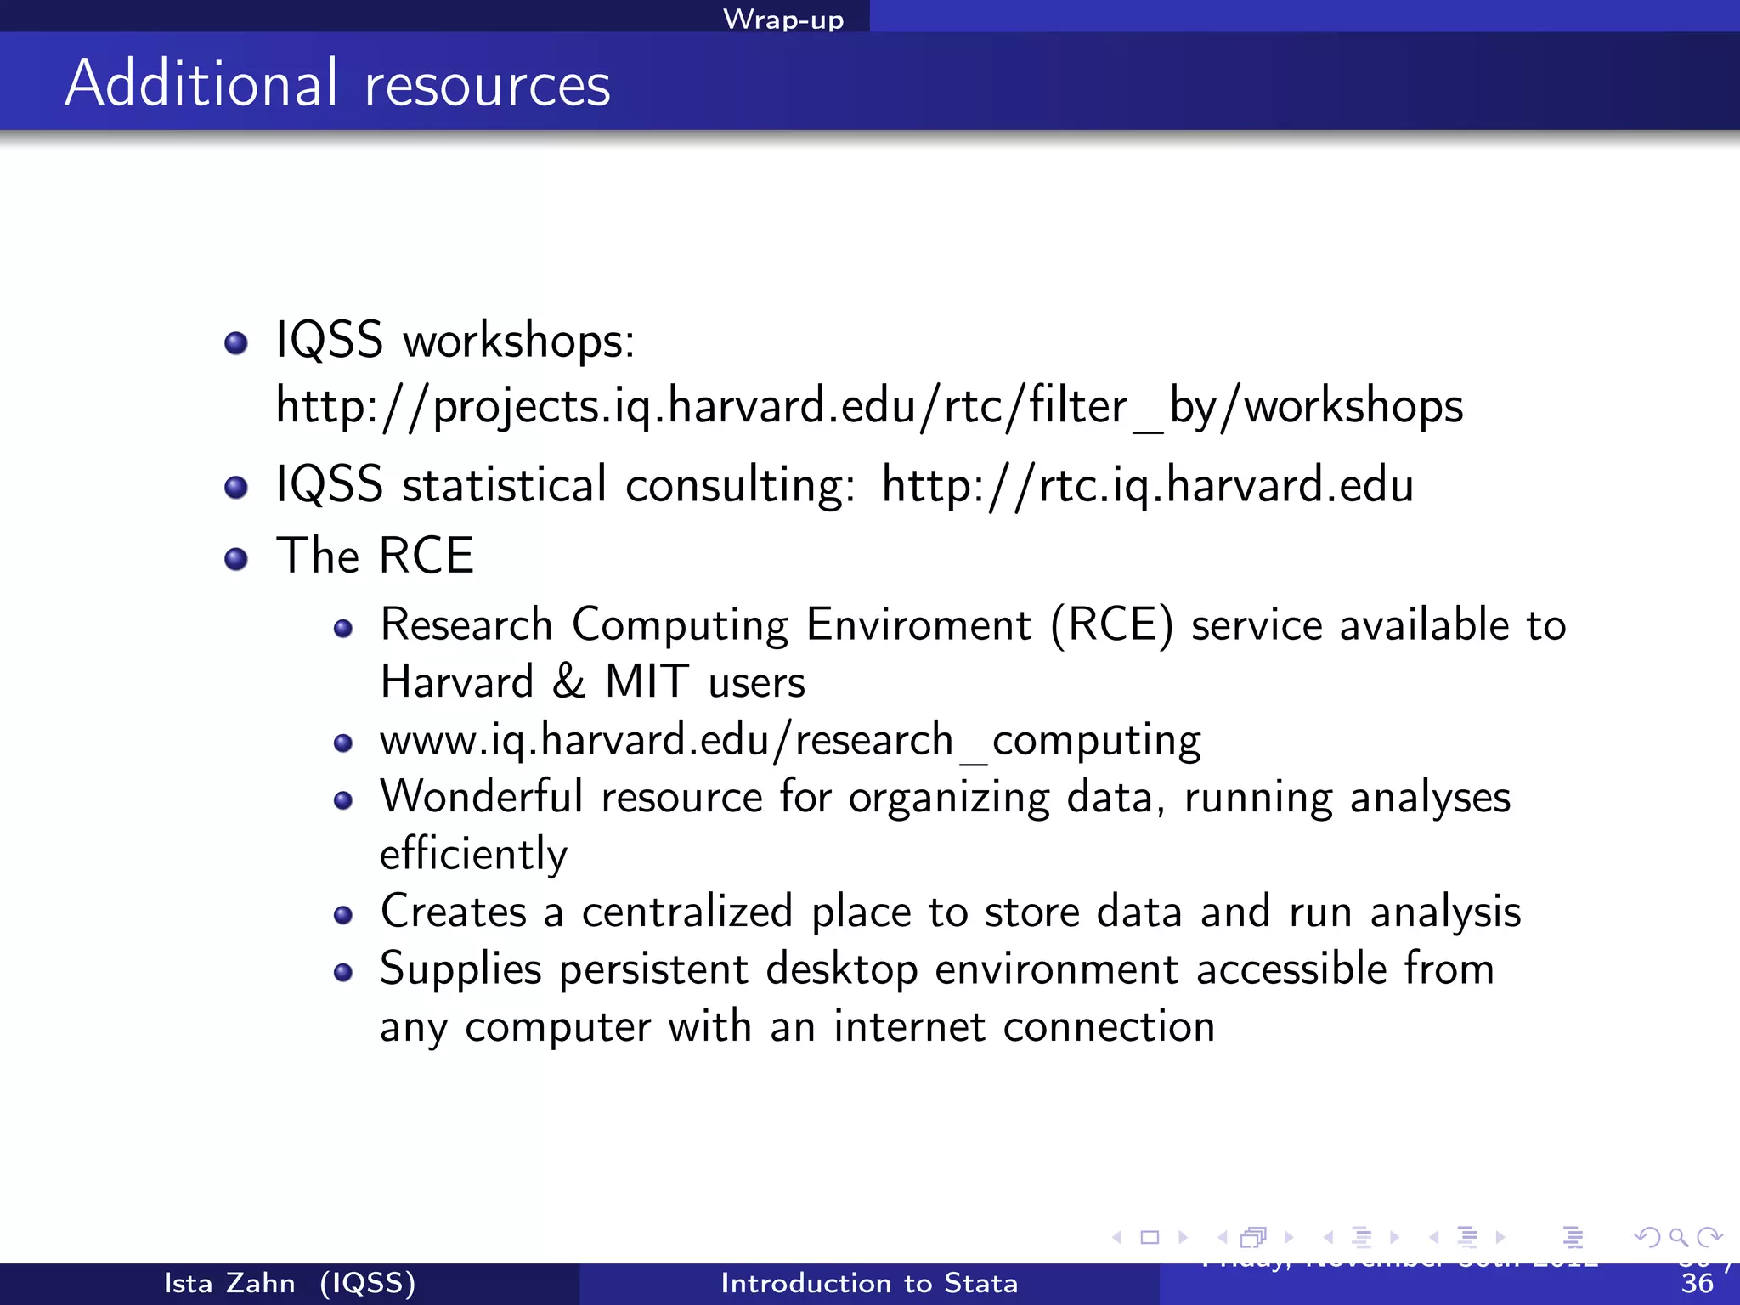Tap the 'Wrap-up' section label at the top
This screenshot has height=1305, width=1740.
pos(782,19)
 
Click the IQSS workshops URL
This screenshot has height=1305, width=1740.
pos(869,406)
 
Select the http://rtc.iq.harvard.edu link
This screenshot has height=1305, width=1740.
pos(1147,485)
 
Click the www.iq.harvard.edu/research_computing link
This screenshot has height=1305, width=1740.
pos(790,740)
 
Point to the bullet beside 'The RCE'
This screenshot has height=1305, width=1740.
pos(235,559)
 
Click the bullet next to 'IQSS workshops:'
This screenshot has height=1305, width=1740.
pos(235,343)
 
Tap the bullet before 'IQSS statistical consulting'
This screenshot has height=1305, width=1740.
pos(235,488)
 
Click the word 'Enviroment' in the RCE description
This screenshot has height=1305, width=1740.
pos(918,625)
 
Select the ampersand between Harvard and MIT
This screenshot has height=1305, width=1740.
pos(568,682)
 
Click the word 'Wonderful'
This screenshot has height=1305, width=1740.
pos(481,798)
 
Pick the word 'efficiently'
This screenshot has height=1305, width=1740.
pos(473,855)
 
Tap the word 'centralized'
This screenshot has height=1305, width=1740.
pos(686,912)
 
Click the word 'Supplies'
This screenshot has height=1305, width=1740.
pos(460,970)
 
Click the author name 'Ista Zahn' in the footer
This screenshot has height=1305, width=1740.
pos(229,1283)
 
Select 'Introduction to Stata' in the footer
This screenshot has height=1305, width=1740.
pos(869,1283)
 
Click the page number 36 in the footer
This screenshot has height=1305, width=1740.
pos(1697,1284)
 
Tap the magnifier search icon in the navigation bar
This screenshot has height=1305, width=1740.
pos(1678,1237)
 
